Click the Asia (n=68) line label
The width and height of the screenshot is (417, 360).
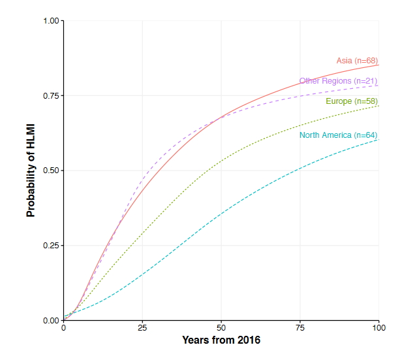357,61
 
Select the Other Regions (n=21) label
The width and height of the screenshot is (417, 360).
338,81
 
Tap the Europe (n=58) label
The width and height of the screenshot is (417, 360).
352,101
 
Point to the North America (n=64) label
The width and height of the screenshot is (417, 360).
338,135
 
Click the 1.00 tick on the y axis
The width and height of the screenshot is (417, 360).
51,21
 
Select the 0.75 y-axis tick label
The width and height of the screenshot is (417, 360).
51,95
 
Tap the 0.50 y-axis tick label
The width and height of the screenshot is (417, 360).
51,171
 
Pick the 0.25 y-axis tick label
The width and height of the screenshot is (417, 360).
51,246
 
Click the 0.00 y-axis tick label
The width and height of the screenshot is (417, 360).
51,320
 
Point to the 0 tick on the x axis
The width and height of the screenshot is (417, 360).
63,328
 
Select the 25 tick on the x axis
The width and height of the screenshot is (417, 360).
142,328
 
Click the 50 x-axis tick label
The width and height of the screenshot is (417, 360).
221,328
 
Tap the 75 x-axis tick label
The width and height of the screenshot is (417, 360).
300,328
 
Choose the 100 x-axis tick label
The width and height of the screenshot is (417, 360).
378,328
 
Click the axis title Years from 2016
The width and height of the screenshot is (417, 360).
221,340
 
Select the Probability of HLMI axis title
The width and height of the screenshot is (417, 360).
31,171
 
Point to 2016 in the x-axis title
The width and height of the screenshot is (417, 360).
249,340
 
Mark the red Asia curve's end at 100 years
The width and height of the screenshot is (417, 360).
378,65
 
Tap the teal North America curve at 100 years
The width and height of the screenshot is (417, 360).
378,139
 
